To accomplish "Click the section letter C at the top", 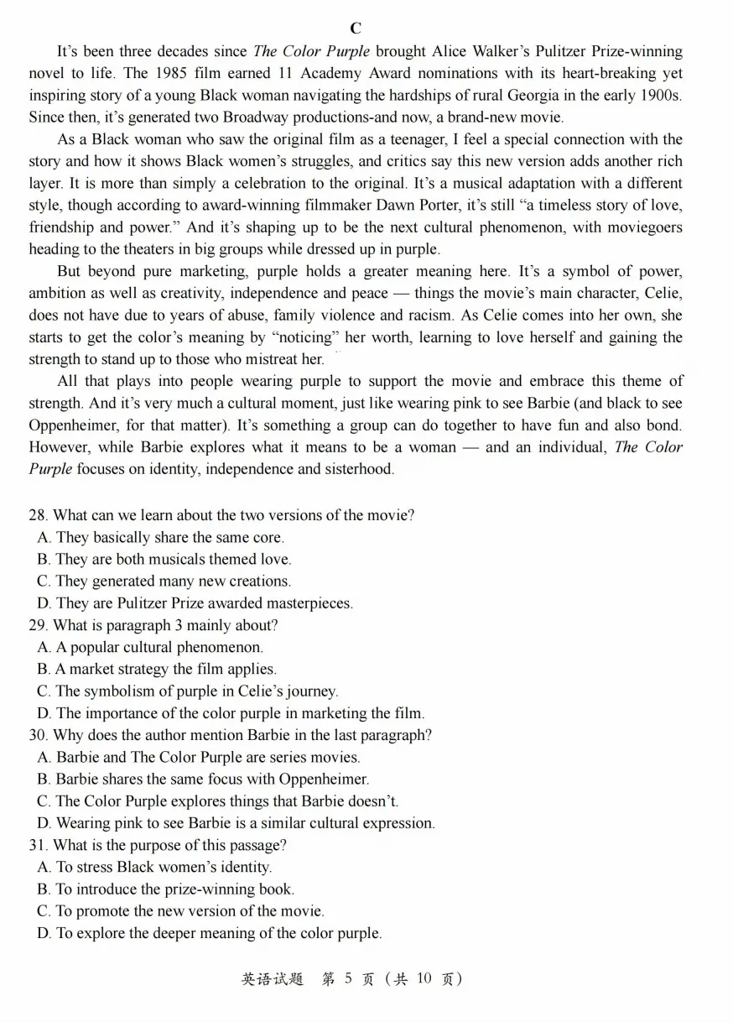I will coord(356,29).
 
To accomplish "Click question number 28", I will coord(39,515).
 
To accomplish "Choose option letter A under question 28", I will coord(44,537).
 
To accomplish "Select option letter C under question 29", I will coord(44,691).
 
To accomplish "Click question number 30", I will coord(39,735).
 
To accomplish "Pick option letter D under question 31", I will coord(44,933).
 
